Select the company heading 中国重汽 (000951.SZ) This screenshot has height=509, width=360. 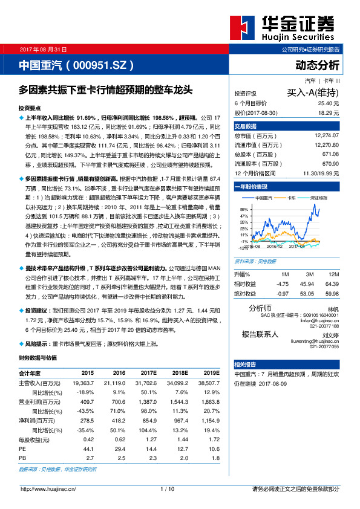tap(76, 65)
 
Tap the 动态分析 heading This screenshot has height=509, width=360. tap(317, 65)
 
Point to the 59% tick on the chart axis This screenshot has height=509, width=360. tap(244, 208)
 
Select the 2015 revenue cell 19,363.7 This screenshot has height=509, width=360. tap(83, 383)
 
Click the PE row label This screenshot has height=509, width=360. tap(22, 450)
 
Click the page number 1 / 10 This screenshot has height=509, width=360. tap(168, 488)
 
